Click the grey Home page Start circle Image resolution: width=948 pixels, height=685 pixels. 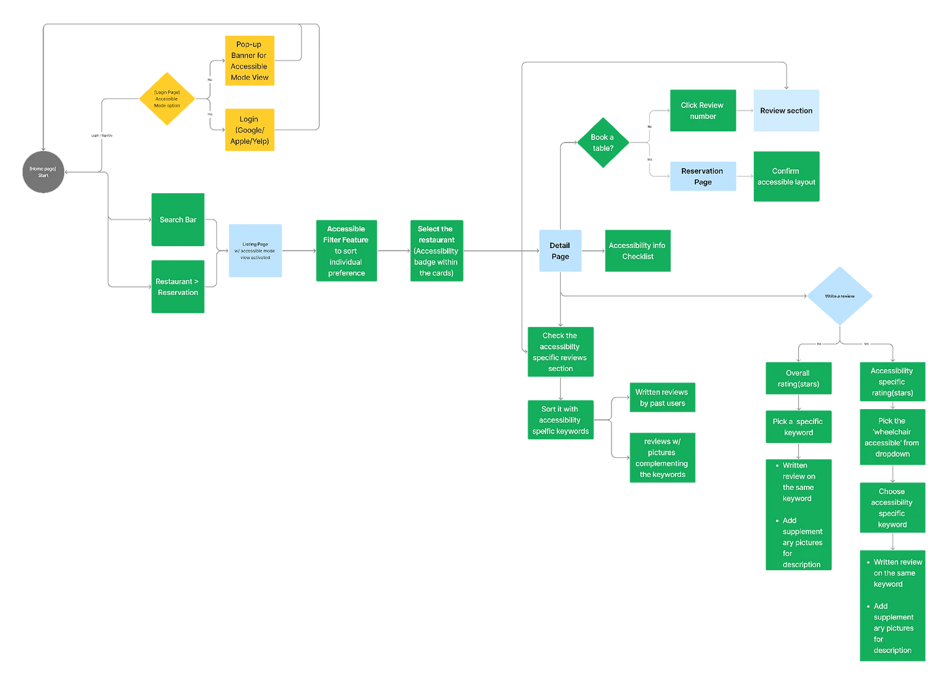(43, 172)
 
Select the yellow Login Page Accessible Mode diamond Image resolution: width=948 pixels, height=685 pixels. (167, 99)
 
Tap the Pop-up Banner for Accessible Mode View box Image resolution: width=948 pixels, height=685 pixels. (249, 61)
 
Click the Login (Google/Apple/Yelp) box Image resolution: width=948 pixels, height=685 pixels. (249, 130)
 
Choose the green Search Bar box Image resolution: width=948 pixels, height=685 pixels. (178, 220)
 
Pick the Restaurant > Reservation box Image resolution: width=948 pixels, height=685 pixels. (178, 287)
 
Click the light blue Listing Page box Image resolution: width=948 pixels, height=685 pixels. (255, 251)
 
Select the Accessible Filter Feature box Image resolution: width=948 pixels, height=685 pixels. (346, 251)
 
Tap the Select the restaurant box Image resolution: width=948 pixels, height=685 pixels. (436, 251)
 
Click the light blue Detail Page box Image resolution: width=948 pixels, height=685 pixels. (560, 251)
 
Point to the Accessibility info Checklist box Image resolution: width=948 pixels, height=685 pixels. (637, 251)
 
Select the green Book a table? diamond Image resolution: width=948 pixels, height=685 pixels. (603, 143)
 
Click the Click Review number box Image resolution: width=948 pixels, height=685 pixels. (703, 111)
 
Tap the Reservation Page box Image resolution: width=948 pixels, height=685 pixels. (703, 176)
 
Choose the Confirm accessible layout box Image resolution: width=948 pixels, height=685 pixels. (786, 176)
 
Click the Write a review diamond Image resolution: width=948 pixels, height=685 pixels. (840, 296)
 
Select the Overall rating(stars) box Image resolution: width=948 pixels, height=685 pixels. (798, 378)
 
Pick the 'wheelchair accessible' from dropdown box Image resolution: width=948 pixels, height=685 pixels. (892, 437)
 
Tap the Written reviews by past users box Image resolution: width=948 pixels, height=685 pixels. (662, 397)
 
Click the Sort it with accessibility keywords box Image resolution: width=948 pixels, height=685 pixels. (560, 420)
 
